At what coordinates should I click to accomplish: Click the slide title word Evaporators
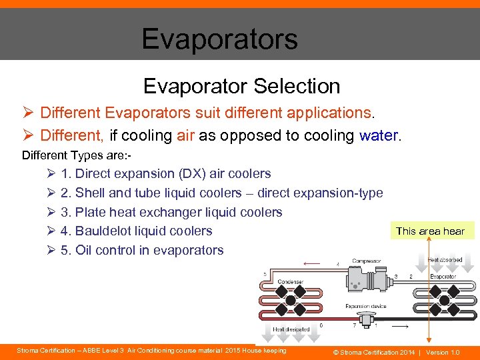pyautogui.click(x=219, y=39)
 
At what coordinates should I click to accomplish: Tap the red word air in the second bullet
pyautogui.click(x=185, y=135)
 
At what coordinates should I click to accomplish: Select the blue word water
pyautogui.click(x=378, y=135)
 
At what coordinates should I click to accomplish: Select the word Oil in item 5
pyautogui.click(x=83, y=250)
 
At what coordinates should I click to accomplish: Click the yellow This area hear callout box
pyautogui.click(x=430, y=231)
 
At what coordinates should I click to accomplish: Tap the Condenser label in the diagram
pyautogui.click(x=290, y=281)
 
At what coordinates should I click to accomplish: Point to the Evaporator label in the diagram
pyautogui.click(x=443, y=276)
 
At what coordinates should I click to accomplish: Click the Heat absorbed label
pyautogui.click(x=445, y=260)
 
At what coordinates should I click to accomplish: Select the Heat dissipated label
pyautogui.click(x=291, y=329)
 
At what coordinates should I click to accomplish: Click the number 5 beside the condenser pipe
pyautogui.click(x=265, y=274)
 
